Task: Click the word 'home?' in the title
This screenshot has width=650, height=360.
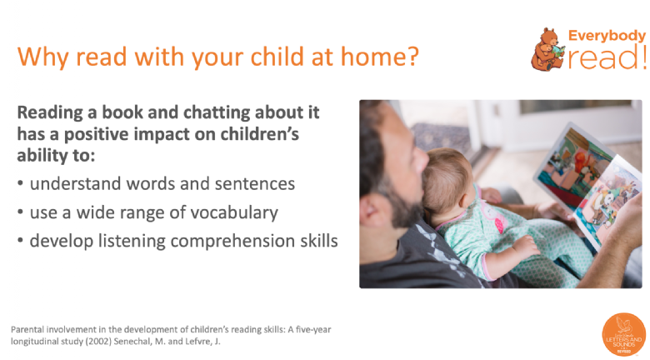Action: pyautogui.click(x=380, y=56)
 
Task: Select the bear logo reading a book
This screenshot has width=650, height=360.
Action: pyautogui.click(x=547, y=49)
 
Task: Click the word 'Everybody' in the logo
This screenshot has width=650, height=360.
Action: pyautogui.click(x=607, y=36)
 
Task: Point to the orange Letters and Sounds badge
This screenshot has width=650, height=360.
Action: pyautogui.click(x=623, y=334)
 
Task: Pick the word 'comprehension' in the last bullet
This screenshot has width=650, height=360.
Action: pyautogui.click(x=232, y=242)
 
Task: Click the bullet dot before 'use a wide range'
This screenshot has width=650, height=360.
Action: pyautogui.click(x=20, y=212)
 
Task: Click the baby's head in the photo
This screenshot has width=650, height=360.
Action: pyautogui.click(x=447, y=180)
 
